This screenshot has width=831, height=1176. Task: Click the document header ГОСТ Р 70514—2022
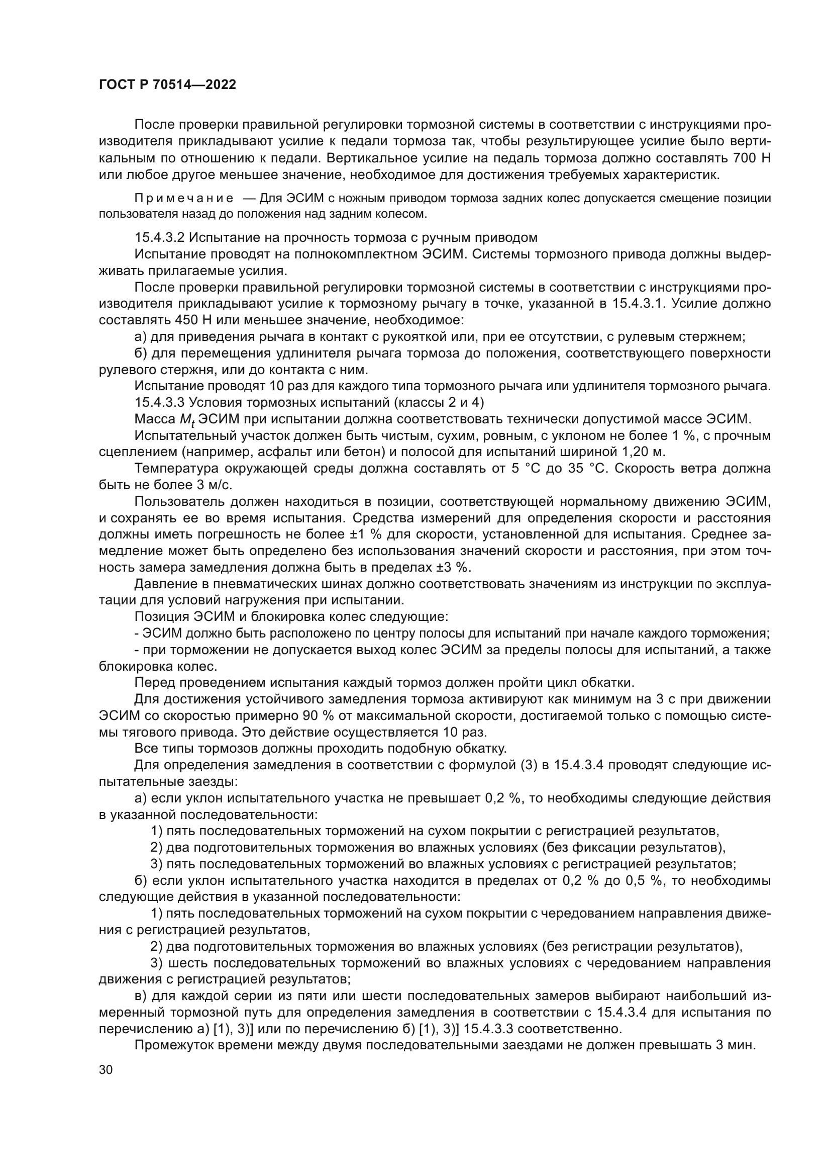click(167, 85)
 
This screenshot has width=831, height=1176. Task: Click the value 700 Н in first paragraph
click(752, 158)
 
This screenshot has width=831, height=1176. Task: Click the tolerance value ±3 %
click(451, 568)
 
